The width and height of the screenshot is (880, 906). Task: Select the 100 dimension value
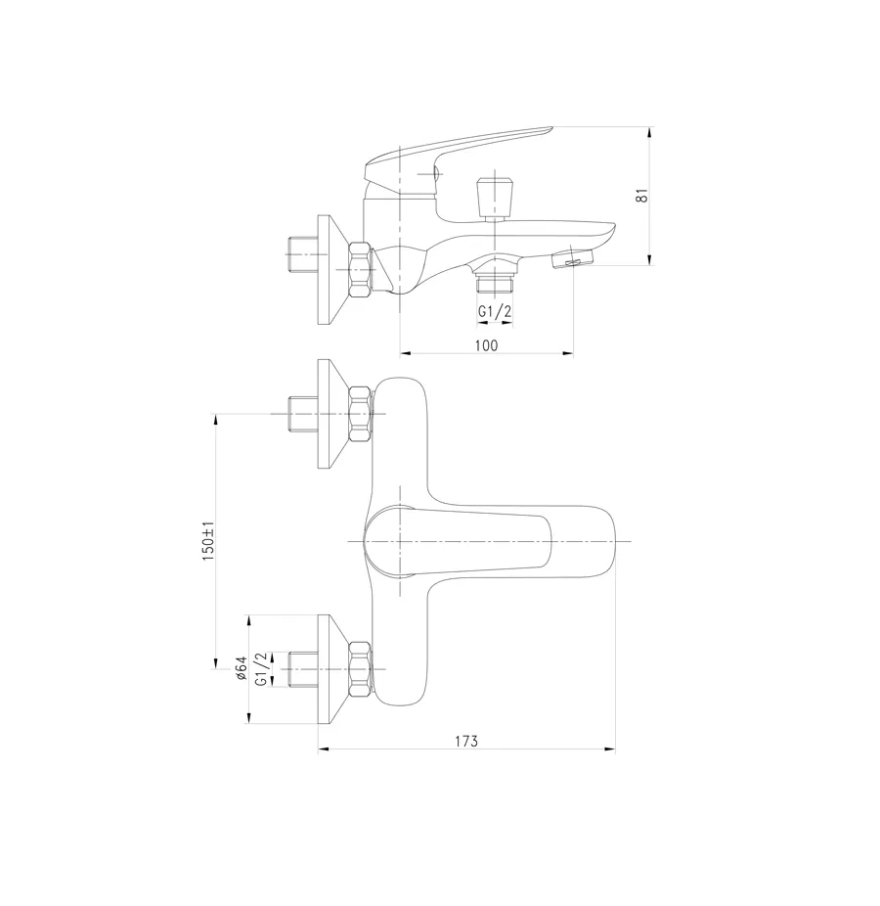(x=486, y=344)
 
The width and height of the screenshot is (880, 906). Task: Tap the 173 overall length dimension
(x=466, y=742)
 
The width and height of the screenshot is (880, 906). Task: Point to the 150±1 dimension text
(x=207, y=542)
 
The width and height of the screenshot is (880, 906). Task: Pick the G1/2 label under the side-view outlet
(x=494, y=312)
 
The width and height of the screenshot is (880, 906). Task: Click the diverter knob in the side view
(x=493, y=199)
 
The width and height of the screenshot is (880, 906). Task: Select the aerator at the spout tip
(x=573, y=259)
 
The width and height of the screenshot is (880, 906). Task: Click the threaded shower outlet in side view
(x=494, y=284)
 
